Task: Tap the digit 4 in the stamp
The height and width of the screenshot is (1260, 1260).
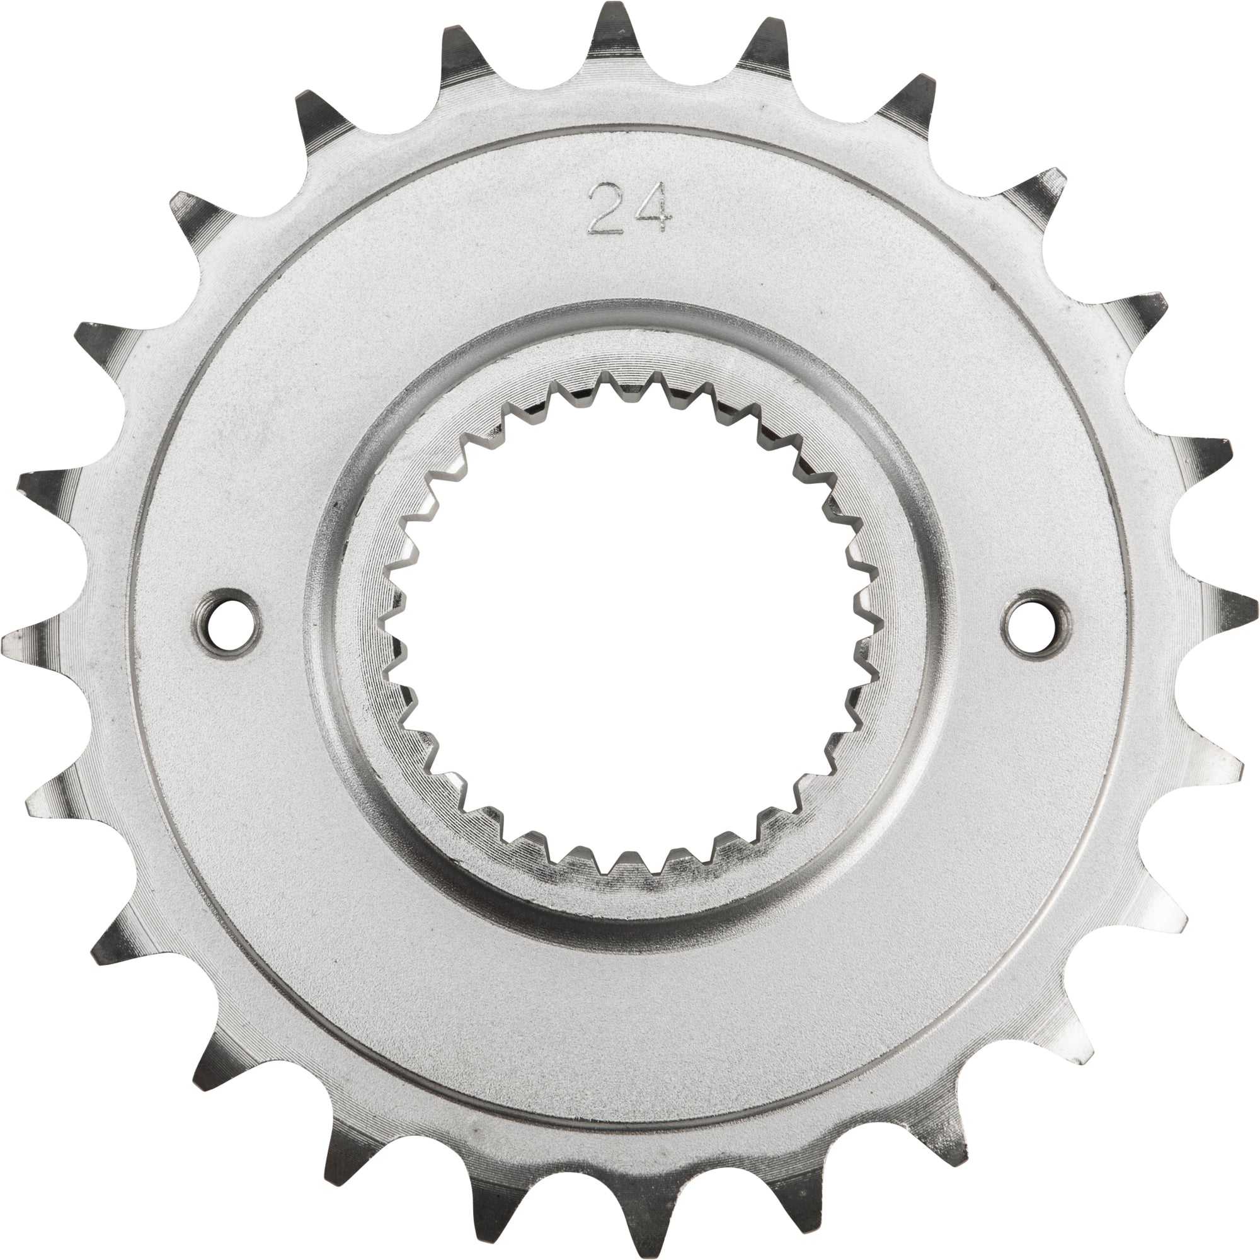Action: tap(654, 207)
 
